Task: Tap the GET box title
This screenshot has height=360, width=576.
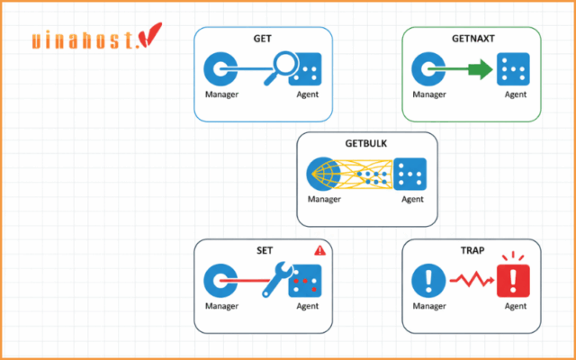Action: coord(263,38)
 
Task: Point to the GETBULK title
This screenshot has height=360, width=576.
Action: coord(366,143)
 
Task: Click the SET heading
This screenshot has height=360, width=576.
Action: coord(264,249)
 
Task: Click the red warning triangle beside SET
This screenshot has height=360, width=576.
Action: coord(319,251)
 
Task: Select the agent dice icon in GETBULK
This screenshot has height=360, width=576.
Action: coord(413,174)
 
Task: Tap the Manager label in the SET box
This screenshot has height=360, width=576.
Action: coord(220,306)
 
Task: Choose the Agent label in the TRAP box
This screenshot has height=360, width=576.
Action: coord(515,306)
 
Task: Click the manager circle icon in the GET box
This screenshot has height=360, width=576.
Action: coord(220,68)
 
